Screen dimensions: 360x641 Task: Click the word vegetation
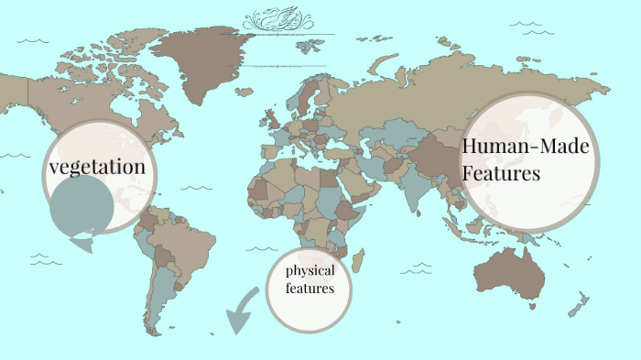(97, 167)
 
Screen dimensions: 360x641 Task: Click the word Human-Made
(527, 147)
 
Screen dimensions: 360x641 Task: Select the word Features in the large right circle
(501, 174)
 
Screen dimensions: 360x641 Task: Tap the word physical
(310, 271)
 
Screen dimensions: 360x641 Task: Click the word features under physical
(310, 289)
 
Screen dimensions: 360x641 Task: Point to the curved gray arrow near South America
(244, 310)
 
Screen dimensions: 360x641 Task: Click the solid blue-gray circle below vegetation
(81, 202)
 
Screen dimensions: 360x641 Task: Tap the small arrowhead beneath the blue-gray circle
(81, 244)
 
